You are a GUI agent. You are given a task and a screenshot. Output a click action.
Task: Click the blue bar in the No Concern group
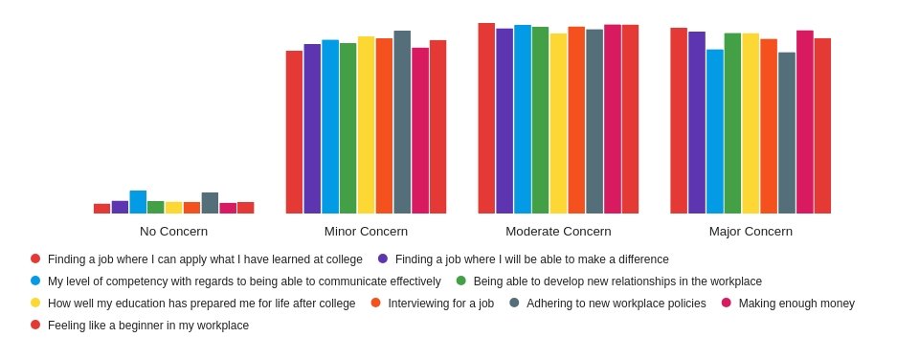pyautogui.click(x=138, y=202)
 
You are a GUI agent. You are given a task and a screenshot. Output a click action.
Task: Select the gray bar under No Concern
pyautogui.click(x=210, y=203)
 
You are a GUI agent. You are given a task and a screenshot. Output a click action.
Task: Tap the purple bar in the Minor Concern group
pyautogui.click(x=312, y=128)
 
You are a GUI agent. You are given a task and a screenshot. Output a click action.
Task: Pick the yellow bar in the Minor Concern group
pyautogui.click(x=366, y=124)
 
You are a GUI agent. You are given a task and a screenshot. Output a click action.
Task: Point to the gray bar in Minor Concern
pyautogui.click(x=402, y=122)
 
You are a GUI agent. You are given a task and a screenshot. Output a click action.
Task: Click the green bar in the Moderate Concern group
pyautogui.click(x=540, y=120)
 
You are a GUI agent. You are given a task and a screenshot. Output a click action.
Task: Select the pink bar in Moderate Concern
pyautogui.click(x=613, y=119)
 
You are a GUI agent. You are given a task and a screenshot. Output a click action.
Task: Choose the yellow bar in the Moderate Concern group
pyautogui.click(x=558, y=124)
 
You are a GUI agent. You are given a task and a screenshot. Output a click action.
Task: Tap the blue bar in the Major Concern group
pyautogui.click(x=714, y=131)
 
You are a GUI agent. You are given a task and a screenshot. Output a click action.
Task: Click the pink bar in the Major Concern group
pyautogui.click(x=805, y=122)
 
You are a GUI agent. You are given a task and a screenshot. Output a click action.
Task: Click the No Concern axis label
pyautogui.click(x=173, y=232)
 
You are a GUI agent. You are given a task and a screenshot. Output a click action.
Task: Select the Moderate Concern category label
pyautogui.click(x=558, y=232)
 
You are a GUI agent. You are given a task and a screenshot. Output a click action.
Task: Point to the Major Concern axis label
pyautogui.click(x=751, y=232)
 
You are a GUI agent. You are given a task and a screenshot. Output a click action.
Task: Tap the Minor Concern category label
pyautogui.click(x=366, y=232)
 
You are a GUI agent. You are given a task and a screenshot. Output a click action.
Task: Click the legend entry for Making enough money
pyautogui.click(x=796, y=304)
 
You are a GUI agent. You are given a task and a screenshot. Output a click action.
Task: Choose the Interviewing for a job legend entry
pyautogui.click(x=440, y=304)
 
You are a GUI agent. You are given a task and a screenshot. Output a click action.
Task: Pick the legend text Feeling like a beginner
pyautogui.click(x=147, y=326)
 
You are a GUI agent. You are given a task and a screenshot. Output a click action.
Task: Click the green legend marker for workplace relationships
pyautogui.click(x=461, y=281)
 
